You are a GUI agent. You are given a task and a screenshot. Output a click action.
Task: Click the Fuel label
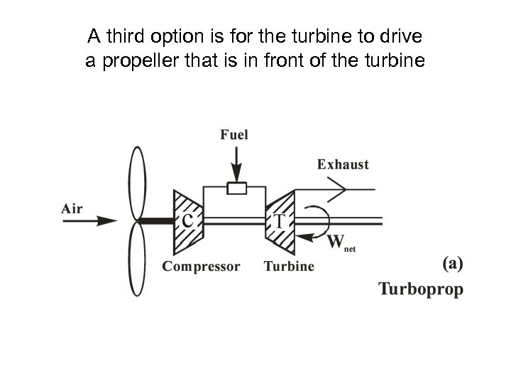click(234, 134)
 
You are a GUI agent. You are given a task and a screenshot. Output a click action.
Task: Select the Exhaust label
click(343, 164)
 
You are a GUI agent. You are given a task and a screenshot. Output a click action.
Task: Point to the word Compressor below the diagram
click(201, 267)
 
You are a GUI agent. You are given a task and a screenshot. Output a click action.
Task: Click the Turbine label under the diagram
click(289, 267)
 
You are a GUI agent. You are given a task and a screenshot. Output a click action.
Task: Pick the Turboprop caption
click(420, 289)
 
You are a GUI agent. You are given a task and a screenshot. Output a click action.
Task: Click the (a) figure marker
click(453, 264)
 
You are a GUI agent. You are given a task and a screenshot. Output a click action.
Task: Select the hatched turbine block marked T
click(280, 221)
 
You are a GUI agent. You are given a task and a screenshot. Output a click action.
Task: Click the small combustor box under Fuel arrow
click(236, 188)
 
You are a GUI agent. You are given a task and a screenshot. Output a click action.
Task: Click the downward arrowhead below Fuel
click(236, 174)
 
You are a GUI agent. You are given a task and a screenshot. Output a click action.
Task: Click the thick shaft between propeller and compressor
click(158, 221)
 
